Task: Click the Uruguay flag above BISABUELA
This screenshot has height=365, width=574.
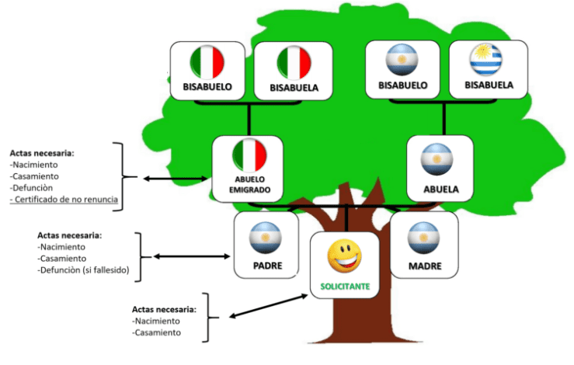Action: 487,60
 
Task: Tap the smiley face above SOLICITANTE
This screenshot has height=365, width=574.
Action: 344,256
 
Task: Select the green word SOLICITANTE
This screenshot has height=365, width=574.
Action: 345,286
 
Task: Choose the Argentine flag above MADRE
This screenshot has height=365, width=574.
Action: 424,237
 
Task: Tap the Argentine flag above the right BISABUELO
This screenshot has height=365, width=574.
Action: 402,60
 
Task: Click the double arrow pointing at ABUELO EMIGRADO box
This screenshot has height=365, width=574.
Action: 169,178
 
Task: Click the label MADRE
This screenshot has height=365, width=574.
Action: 424,266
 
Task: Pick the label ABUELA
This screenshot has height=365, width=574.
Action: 440,189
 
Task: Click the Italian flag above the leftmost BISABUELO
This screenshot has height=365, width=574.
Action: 207,62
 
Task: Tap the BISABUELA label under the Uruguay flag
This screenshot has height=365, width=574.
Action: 489,84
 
